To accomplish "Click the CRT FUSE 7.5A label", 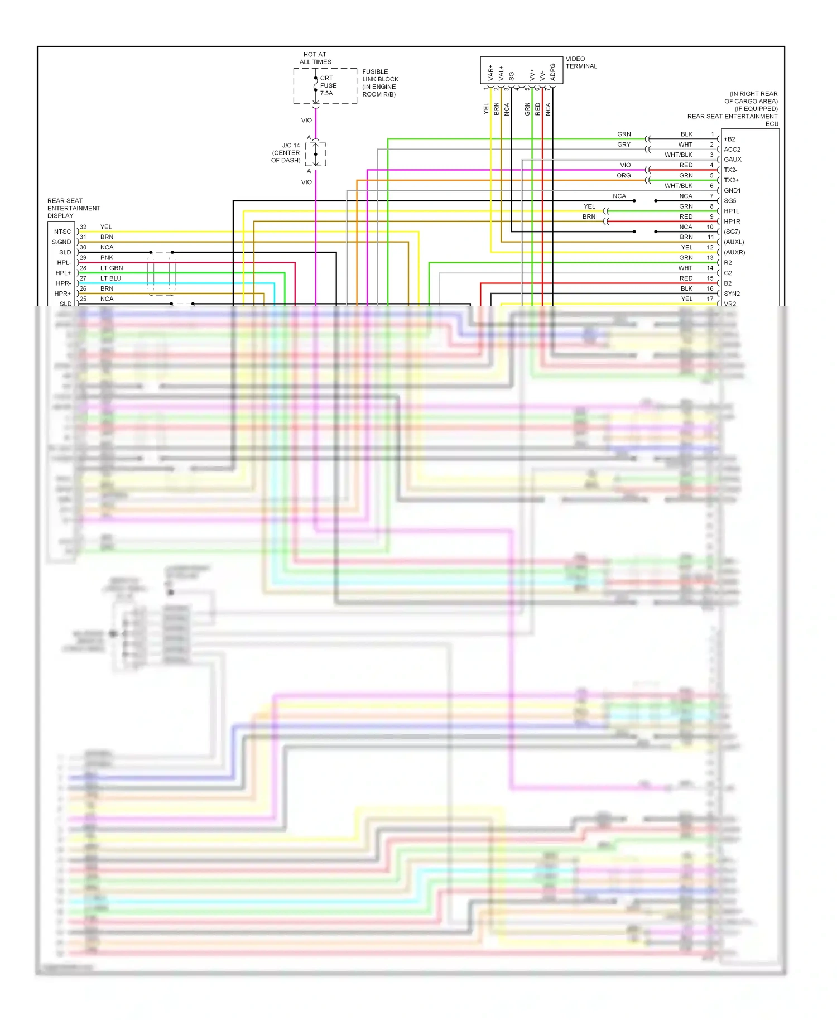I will [328, 85].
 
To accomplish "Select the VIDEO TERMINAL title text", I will [581, 62].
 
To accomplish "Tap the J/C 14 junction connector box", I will [316, 155].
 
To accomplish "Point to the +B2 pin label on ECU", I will [729, 139].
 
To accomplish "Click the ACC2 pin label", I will [732, 150].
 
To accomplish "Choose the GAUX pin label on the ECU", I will [732, 160].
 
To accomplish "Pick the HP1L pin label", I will [731, 211].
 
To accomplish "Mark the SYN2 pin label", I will [732, 294].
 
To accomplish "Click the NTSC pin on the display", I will [62, 232].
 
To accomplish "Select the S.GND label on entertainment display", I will [61, 242].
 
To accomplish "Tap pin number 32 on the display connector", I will [83, 227].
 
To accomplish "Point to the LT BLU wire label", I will [110, 278].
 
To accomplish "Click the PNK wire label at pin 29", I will [107, 258].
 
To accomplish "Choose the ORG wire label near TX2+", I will [624, 175].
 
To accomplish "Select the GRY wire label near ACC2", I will [624, 145].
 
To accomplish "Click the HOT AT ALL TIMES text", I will [315, 58].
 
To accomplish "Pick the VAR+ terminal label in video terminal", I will [491, 73].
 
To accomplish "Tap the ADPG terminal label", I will [553, 72].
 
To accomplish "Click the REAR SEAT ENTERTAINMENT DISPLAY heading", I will [73, 208].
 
